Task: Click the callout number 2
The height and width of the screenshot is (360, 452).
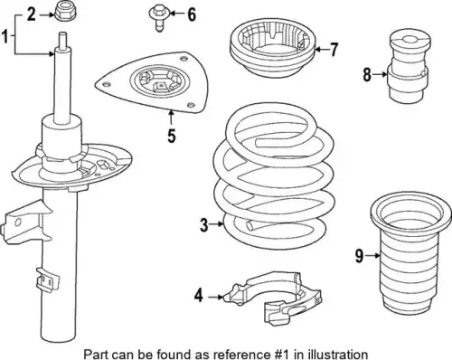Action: click(x=32, y=14)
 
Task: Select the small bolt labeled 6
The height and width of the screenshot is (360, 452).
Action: click(x=157, y=19)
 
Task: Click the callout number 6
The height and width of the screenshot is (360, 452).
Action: click(x=192, y=14)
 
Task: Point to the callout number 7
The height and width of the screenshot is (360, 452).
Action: click(x=333, y=50)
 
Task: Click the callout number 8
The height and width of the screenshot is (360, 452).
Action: click(x=367, y=74)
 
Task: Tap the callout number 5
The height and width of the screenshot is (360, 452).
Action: click(x=171, y=136)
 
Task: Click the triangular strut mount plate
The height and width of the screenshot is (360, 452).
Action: click(x=153, y=83)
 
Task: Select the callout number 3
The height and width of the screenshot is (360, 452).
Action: click(x=203, y=225)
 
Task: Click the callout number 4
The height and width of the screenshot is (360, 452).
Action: click(x=199, y=296)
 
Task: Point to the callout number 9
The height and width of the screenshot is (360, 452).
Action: click(x=359, y=256)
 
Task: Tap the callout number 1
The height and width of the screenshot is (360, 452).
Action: click(x=5, y=36)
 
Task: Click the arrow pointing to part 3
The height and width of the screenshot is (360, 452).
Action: click(x=217, y=224)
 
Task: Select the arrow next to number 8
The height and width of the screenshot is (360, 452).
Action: click(x=380, y=74)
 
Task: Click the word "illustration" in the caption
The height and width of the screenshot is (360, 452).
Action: click(x=336, y=354)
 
